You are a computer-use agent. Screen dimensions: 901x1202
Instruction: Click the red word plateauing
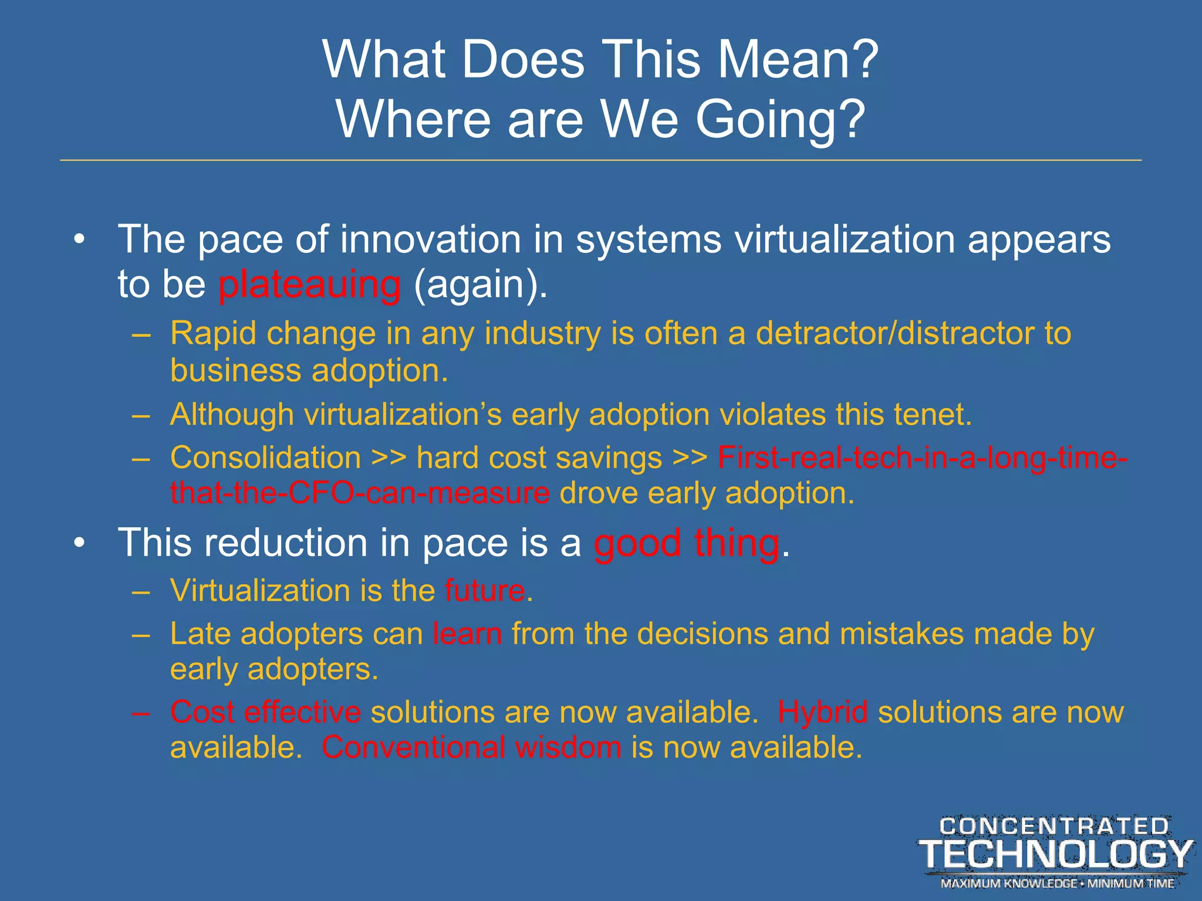point(309,286)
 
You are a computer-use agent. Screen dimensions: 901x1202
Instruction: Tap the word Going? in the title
point(780,119)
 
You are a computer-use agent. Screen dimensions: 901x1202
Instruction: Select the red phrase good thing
point(687,543)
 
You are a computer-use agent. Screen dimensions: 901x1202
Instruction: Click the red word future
point(485,591)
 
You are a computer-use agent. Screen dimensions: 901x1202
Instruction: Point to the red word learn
point(467,634)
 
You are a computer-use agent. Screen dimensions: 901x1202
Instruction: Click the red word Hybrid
point(822,713)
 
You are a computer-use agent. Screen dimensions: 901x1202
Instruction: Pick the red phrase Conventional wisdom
point(471,748)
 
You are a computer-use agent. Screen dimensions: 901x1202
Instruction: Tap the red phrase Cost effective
point(265,713)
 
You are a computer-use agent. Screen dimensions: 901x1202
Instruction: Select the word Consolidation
point(265,458)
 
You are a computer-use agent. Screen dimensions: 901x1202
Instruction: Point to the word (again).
point(480,286)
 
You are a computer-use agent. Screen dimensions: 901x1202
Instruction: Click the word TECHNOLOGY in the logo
point(1055,854)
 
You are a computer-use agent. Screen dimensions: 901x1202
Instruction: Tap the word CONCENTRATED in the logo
point(1054,827)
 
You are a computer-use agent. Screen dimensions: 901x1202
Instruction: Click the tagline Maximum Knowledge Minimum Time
point(1057,883)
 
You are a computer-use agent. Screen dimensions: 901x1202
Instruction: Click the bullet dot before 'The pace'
point(80,240)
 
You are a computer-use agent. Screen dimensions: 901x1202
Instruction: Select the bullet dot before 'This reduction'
point(80,543)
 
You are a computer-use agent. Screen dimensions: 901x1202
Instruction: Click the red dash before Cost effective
point(141,713)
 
